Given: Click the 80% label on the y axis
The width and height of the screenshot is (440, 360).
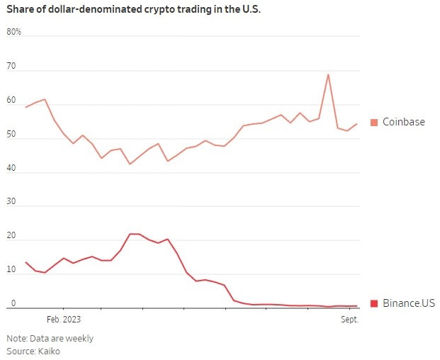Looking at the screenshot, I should pos(14,32).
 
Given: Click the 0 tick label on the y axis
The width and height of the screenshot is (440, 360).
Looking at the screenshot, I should pos(13,303).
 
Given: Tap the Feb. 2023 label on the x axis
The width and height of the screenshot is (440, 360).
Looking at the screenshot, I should pos(63,320).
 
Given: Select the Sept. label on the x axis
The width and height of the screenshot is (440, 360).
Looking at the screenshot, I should pos(349,320).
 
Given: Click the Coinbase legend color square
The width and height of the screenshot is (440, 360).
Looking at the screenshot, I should pos(374,123).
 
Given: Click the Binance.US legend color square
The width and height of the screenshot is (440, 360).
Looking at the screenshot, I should pos(374,303).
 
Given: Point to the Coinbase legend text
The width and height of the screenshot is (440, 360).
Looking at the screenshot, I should pos(404,122).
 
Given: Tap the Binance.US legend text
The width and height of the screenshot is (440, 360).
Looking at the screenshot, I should pos(409,303).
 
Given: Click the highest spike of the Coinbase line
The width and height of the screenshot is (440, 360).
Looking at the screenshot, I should pos(328,74).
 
